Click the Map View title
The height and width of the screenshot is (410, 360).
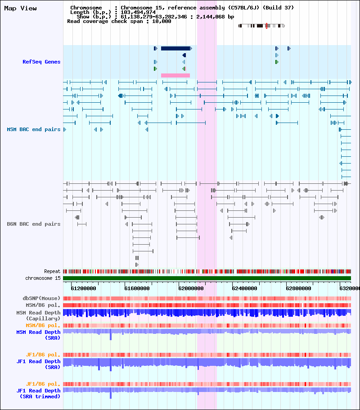(x=20, y=9)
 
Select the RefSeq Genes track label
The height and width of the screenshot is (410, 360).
(x=41, y=62)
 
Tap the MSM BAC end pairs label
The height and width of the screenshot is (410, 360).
(x=34, y=129)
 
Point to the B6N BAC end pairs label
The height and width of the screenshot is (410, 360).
(x=34, y=224)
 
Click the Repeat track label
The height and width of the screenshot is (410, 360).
(x=52, y=271)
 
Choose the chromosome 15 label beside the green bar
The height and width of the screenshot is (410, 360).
(x=43, y=278)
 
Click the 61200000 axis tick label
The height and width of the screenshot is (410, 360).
(x=83, y=288)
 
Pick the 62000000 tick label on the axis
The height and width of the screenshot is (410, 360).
(x=191, y=288)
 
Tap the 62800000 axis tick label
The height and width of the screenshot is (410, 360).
(x=299, y=288)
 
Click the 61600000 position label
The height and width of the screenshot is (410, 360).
(x=137, y=288)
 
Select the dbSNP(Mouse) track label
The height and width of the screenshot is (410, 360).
(x=41, y=298)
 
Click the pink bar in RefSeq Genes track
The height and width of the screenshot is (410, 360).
(x=175, y=76)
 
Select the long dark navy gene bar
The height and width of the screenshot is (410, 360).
(x=175, y=48)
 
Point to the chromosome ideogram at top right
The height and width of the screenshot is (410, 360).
(x=261, y=26)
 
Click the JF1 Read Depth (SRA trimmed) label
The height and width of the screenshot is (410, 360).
(x=38, y=393)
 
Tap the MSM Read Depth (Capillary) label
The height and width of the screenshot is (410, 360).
(x=38, y=315)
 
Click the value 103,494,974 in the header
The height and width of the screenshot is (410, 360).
(x=138, y=12)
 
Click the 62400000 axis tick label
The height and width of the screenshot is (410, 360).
(x=244, y=288)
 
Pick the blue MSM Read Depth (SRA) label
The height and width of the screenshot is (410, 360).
(x=38, y=335)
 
